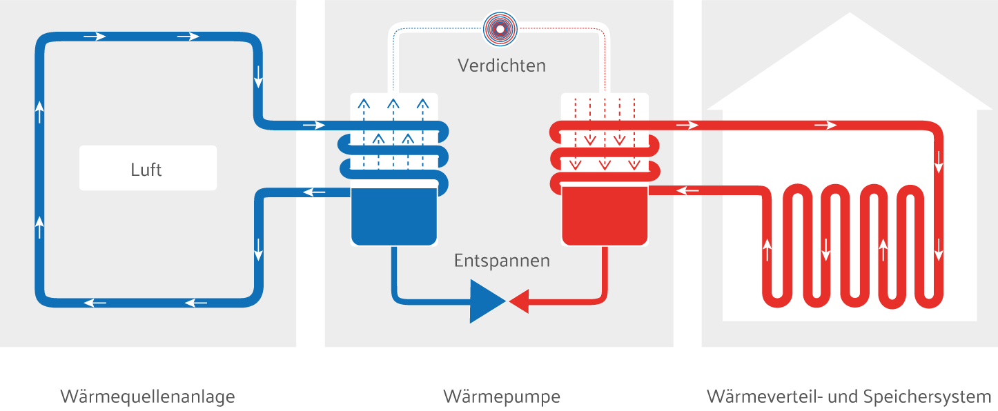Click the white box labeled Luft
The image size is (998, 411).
click(x=148, y=168)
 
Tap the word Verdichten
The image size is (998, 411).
click(x=502, y=66)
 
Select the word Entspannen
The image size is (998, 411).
click(x=502, y=261)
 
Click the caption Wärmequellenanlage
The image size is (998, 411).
click(x=148, y=397)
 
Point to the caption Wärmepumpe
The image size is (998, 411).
click(x=502, y=397)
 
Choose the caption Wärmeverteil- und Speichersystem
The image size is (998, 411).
click(x=849, y=397)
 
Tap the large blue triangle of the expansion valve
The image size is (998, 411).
click(x=487, y=301)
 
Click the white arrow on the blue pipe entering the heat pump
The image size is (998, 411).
click(x=313, y=126)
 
